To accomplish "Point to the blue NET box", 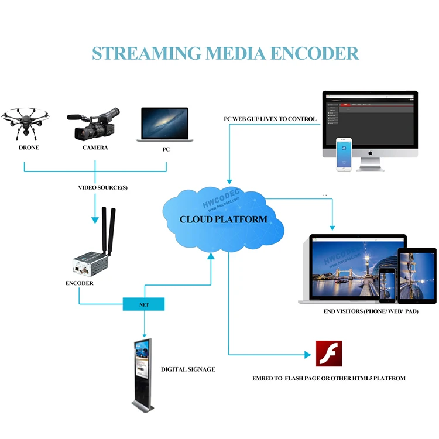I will [143, 304].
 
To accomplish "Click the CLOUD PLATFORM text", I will [223, 220].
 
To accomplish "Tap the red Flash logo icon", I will [329, 354].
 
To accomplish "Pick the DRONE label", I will [29, 148].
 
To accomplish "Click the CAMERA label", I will [95, 148].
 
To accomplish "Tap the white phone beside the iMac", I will [344, 155].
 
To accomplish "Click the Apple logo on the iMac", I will [370, 153].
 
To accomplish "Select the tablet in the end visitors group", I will [417, 273].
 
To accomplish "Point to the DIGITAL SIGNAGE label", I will [188, 369].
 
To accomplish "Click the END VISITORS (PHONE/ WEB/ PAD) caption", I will [371, 311].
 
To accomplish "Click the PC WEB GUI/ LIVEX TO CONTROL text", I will [270, 119].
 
